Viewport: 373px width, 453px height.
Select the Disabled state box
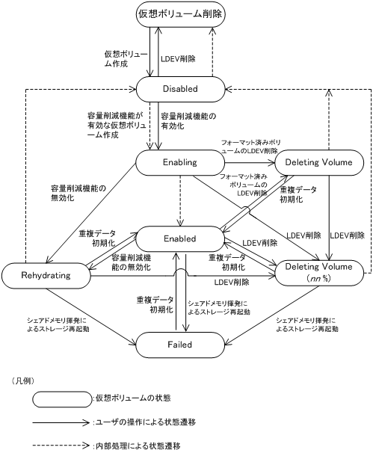(x=180, y=88)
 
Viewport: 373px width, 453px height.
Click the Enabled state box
(x=180, y=238)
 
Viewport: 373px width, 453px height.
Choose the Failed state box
(x=180, y=345)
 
